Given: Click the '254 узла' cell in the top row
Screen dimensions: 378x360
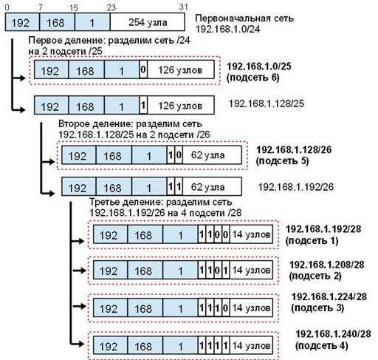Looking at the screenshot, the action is point(148,22).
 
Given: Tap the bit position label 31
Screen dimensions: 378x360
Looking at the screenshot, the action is point(183,7).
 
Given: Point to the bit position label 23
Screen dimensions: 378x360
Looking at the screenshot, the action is point(111,7).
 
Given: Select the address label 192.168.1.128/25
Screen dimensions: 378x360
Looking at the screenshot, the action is point(267,103).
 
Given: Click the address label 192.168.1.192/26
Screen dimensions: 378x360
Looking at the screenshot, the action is point(296,187).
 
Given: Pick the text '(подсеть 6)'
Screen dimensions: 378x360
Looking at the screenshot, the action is point(252,78).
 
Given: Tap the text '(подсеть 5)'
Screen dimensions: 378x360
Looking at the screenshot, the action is point(282,161).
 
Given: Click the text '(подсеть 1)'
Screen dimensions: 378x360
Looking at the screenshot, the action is point(312,240).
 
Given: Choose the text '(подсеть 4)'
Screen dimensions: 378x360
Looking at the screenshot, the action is point(322,345).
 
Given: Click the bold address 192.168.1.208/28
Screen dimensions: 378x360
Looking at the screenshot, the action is point(327,265).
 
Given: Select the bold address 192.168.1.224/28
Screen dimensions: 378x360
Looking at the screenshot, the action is point(329,296).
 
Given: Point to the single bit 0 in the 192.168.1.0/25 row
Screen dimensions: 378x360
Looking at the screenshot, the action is point(143,69).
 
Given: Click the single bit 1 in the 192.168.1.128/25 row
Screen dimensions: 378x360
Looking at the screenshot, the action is point(143,105).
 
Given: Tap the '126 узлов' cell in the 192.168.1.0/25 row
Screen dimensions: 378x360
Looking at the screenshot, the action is point(181,69).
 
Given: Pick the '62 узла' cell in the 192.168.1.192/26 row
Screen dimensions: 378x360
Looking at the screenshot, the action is point(212,186).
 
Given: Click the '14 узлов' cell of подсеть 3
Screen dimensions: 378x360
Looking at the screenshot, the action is point(251,308).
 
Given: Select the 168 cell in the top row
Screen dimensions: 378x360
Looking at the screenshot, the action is point(57,22).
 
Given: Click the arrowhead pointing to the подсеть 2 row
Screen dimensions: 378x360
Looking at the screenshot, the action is point(83,271).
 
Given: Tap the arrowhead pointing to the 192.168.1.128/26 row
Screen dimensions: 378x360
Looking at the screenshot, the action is point(52,162).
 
